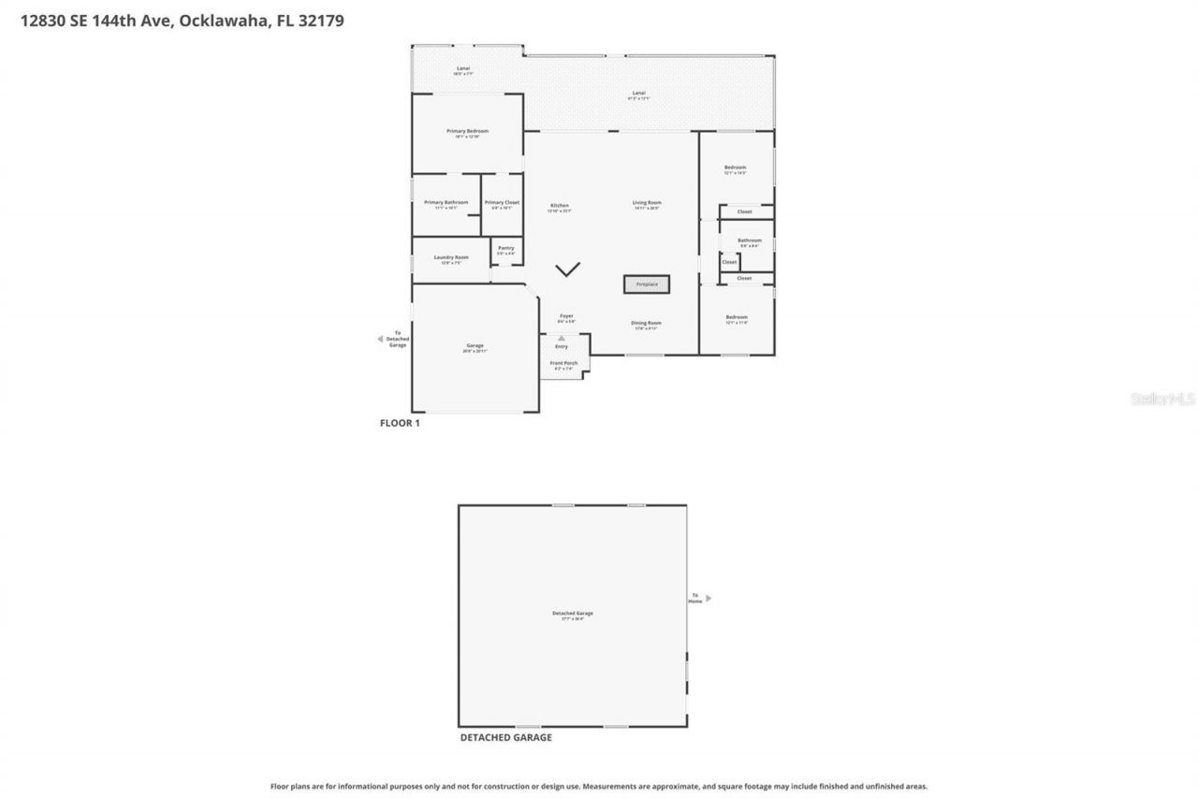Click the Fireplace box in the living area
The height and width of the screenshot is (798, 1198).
click(647, 283)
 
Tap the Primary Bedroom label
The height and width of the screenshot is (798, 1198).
click(467, 131)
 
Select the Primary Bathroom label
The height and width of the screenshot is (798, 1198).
click(446, 202)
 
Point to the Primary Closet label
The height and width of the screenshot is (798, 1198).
click(502, 202)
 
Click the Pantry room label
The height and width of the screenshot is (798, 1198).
click(505, 248)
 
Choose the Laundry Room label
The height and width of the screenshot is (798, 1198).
click(451, 257)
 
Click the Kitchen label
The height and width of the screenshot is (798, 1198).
click(560, 206)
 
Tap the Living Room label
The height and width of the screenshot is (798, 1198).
click(647, 203)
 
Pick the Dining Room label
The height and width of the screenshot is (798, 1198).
click(646, 323)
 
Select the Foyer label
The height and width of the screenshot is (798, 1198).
click(566, 315)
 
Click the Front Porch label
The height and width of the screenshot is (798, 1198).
click(563, 363)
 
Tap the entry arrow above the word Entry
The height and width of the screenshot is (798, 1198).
click(562, 339)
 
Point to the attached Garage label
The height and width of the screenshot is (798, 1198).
click(475, 345)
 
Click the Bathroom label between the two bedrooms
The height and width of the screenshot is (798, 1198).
click(749, 240)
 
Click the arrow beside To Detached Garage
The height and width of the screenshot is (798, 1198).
click(380, 339)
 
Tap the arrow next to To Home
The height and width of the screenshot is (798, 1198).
click(709, 598)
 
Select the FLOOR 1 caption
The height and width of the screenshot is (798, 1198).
click(400, 423)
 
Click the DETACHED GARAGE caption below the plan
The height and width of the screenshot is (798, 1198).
click(505, 737)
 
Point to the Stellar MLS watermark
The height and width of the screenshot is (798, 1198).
click(1162, 399)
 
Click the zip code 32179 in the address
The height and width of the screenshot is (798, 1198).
click(322, 21)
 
